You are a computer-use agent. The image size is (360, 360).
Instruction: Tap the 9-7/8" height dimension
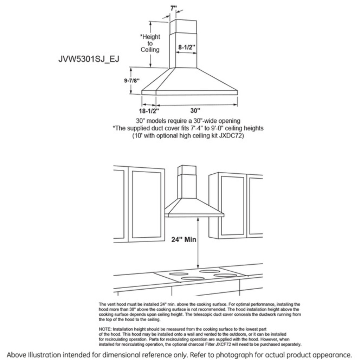click(x=132, y=81)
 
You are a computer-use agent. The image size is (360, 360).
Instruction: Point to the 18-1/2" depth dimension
click(x=149, y=111)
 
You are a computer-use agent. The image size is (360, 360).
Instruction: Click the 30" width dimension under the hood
click(x=195, y=111)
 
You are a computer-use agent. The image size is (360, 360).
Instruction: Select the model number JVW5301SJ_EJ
click(x=89, y=59)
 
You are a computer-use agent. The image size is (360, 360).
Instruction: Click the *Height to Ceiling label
click(x=150, y=43)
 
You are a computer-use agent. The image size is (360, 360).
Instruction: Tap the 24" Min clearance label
click(x=184, y=240)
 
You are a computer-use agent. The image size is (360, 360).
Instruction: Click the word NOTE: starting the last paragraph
click(x=105, y=329)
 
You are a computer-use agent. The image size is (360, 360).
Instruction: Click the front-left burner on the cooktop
click(x=193, y=279)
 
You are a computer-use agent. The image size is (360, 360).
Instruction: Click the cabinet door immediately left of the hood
click(x=146, y=205)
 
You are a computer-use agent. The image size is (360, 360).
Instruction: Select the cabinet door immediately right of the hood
click(x=232, y=205)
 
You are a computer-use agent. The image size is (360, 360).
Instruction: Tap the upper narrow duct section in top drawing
click(x=182, y=26)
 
